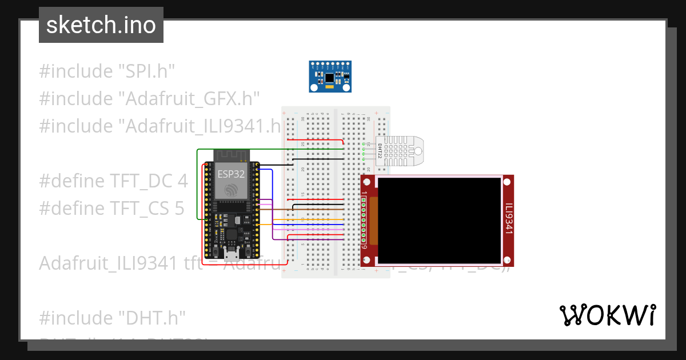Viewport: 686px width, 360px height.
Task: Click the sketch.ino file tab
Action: click(x=101, y=25)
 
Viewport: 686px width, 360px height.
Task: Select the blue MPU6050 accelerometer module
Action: click(x=330, y=76)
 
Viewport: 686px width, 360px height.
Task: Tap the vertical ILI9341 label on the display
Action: click(x=508, y=219)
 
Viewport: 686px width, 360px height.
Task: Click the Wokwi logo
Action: click(x=607, y=315)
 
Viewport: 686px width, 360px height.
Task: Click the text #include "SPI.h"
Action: click(x=106, y=71)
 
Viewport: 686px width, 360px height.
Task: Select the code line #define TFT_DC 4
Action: click(x=113, y=181)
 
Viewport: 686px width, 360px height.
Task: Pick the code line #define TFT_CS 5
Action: click(x=111, y=209)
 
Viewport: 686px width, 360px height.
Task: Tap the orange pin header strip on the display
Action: click(x=374, y=219)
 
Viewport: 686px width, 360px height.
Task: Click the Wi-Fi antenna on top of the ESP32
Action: click(x=230, y=155)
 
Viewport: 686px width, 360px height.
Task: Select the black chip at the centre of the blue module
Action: click(x=330, y=77)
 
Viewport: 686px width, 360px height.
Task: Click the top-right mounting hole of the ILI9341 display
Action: click(x=506, y=182)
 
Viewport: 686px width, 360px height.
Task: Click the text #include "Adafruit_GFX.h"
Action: click(x=149, y=99)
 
